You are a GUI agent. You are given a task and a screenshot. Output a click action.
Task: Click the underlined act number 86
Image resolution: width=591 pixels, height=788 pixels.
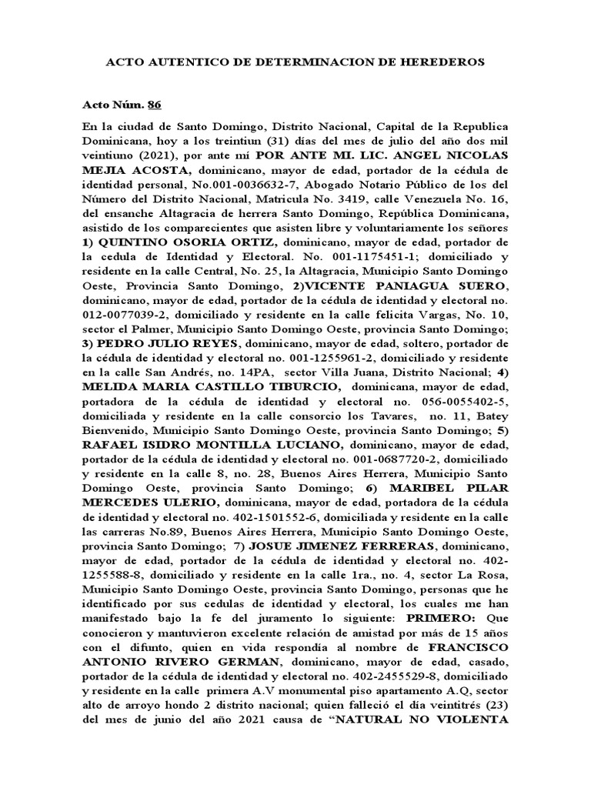tap(154, 105)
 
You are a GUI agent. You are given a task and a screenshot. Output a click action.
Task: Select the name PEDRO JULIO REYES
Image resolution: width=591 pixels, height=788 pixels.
tap(149, 344)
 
